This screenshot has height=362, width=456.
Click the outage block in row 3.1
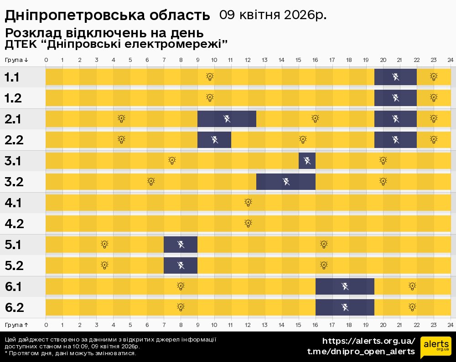(307, 161)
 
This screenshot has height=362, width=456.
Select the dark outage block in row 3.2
(286, 182)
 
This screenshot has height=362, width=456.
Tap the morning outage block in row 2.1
(227, 119)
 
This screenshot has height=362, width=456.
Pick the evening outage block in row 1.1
(395, 77)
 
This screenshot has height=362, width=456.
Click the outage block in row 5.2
(181, 265)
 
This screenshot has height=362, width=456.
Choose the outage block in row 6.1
(345, 286)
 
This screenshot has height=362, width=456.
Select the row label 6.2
(14, 308)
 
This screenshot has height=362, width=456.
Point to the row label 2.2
(14, 140)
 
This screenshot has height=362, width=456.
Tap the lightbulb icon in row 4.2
(248, 223)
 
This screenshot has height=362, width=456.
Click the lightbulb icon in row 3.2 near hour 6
(151, 181)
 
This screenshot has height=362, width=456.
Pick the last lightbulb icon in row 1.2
(434, 97)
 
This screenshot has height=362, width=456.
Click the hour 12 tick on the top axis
(248, 60)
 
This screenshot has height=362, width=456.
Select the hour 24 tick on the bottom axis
(450, 325)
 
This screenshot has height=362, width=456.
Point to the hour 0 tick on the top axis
(46, 60)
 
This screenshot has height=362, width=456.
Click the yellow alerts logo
(435, 347)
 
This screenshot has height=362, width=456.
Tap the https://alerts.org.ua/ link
(369, 341)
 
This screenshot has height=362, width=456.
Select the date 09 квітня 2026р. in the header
(273, 15)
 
